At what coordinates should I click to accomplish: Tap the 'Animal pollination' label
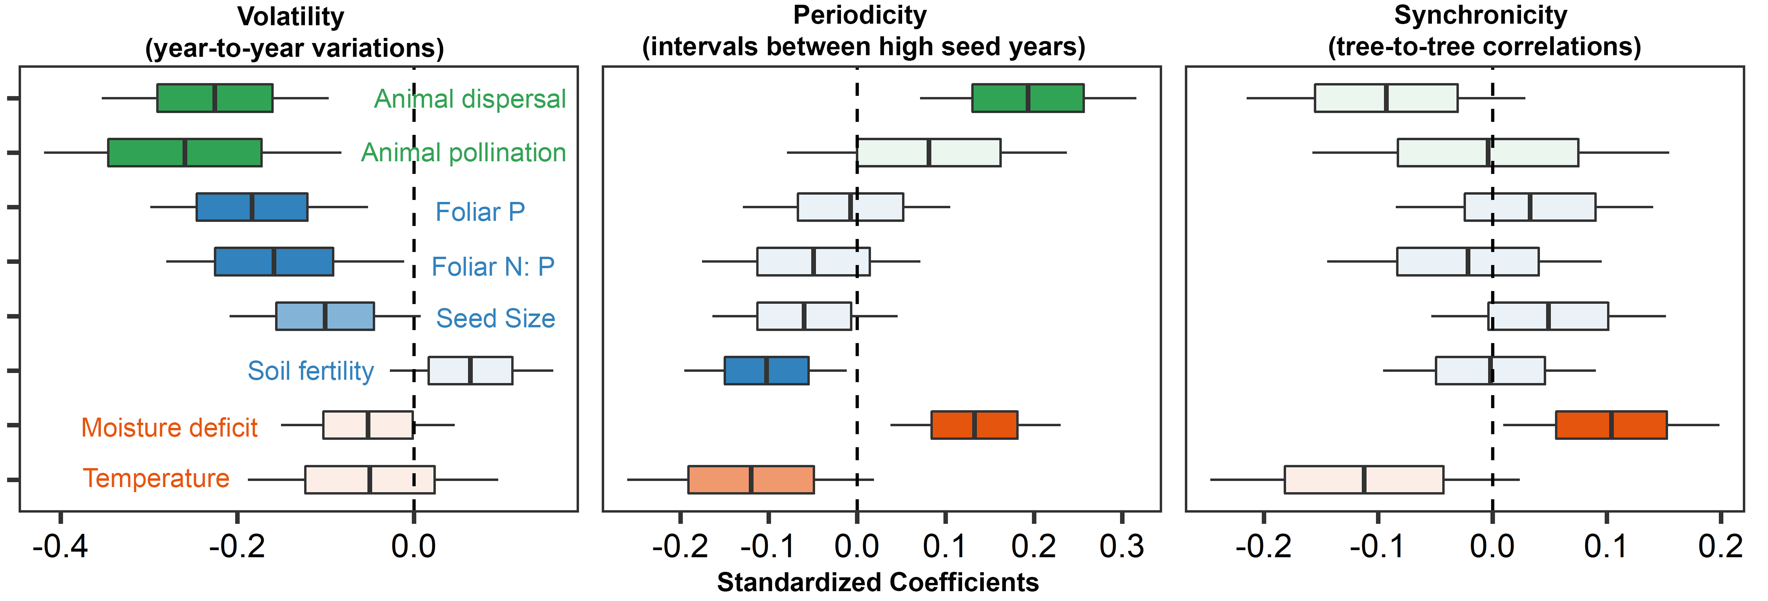(463, 152)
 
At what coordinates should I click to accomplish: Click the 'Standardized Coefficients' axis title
(877, 582)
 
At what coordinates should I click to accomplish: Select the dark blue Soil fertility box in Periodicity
(766, 370)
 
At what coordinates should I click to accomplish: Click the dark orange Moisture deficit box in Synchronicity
(1611, 425)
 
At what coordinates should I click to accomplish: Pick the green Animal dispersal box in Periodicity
(1028, 98)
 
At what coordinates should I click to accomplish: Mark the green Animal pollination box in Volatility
(185, 152)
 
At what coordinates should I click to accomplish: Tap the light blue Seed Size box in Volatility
(325, 316)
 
